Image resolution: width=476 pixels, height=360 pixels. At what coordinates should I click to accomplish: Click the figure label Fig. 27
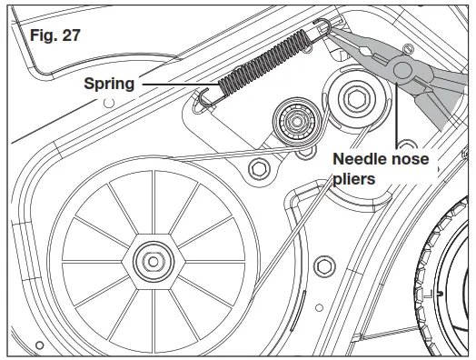pos(55,35)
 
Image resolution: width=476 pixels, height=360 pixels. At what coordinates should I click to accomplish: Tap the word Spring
pos(109,84)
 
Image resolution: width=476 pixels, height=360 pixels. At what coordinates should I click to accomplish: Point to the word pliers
pos(353,178)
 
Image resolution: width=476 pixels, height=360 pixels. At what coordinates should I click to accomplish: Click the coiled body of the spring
pos(264,63)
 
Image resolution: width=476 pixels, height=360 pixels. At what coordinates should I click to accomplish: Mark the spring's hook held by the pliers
pos(322,28)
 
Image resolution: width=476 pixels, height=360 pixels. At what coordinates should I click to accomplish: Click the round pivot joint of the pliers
pos(402,70)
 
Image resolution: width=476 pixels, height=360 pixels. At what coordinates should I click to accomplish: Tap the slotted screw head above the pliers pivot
pos(409,48)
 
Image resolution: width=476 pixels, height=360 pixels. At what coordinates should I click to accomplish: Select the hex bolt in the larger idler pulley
pos(356,98)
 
